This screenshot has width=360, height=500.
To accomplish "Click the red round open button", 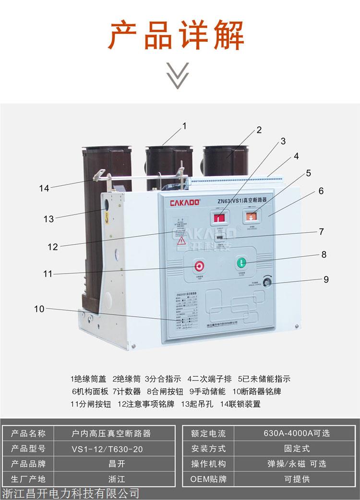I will tap(200, 266).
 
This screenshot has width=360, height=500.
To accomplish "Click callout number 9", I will tap(326, 279).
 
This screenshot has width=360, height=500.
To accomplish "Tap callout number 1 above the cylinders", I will tap(184, 126).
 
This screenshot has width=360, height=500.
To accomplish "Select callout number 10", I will tap(39, 309).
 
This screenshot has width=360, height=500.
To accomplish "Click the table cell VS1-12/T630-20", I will tap(110, 449).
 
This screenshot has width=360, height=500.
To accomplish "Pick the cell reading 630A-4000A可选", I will tap(297, 433).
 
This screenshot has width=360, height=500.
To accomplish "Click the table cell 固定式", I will tap(297, 449).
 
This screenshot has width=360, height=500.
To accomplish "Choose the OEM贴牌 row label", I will tap(208, 479).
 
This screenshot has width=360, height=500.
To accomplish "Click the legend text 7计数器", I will tap(127, 391).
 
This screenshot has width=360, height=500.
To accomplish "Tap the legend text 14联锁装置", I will tap(240, 404).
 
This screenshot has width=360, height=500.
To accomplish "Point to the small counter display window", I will tap(218, 237).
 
